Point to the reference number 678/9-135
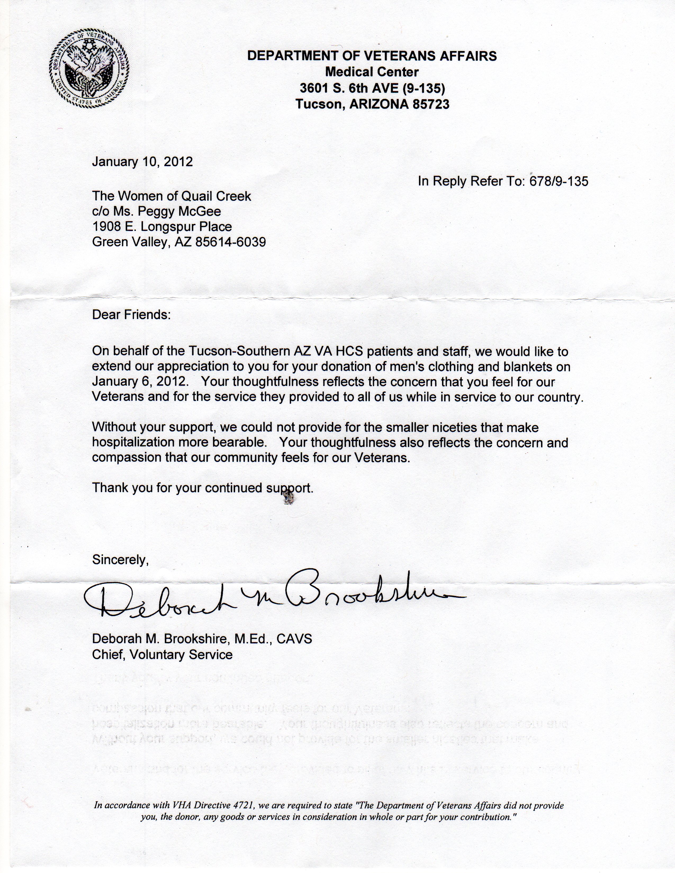(559, 181)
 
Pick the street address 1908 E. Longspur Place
(162, 227)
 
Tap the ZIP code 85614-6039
(230, 242)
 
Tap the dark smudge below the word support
(288, 498)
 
